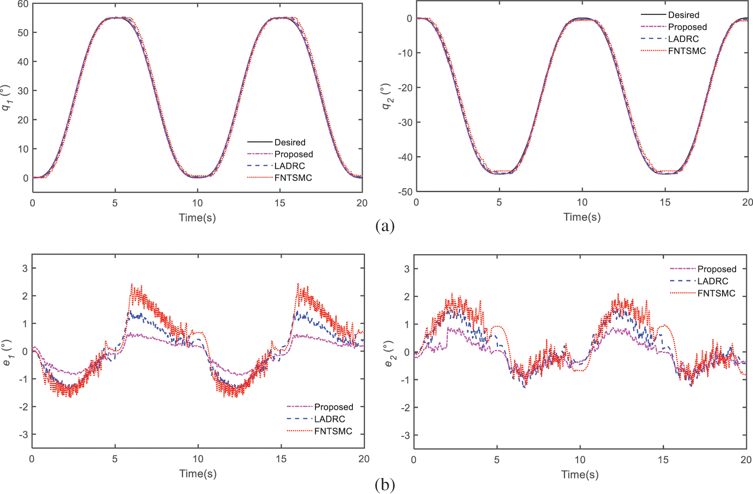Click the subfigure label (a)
click(x=385, y=226)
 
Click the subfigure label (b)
click(x=385, y=484)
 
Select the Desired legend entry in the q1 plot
click(x=289, y=142)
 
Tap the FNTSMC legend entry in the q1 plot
click(x=293, y=178)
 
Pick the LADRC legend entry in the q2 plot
click(x=683, y=39)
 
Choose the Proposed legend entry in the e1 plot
click(x=333, y=407)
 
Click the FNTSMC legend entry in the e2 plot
click(x=716, y=293)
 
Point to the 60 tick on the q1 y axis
click(x=23, y=4)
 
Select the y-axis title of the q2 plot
click(x=387, y=96)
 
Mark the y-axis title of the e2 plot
click(x=389, y=353)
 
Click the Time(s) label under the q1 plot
click(x=197, y=217)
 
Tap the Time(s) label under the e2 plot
click(x=580, y=474)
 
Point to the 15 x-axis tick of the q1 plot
click(x=280, y=203)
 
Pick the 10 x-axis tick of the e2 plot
click(x=580, y=460)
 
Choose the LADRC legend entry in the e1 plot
click(x=329, y=419)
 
